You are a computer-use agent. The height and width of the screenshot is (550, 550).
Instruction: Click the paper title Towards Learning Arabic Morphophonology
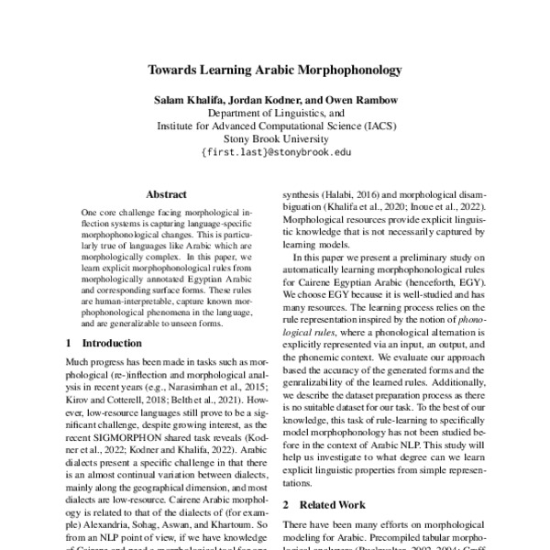click(275, 68)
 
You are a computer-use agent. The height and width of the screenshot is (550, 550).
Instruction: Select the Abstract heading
click(166, 195)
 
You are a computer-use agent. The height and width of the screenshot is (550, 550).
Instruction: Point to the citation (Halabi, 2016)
click(356, 195)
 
